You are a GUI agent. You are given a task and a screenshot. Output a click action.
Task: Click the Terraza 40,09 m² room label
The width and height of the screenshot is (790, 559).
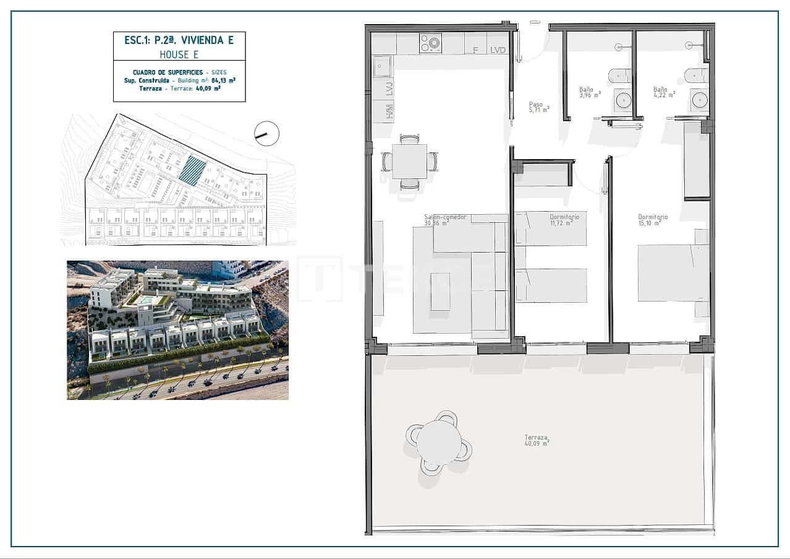tap(537, 440)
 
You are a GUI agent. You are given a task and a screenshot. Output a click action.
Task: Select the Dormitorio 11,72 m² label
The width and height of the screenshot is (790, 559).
tap(564, 220)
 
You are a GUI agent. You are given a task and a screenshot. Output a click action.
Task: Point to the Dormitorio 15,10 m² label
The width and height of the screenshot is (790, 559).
tap(653, 220)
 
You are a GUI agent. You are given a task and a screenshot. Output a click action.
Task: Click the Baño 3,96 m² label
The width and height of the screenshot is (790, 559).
tap(589, 92)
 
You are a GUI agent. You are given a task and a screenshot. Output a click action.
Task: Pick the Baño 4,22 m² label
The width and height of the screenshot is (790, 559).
tap(664, 92)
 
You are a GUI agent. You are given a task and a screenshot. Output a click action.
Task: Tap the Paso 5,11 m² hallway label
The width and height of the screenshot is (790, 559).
tap(538, 107)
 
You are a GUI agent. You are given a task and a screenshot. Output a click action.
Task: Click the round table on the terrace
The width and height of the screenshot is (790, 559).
tap(439, 442)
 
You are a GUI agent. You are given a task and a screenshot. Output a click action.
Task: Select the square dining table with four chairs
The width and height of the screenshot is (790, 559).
tap(409, 162)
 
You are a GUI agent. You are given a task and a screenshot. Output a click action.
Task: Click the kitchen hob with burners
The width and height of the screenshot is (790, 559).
tap(430, 43)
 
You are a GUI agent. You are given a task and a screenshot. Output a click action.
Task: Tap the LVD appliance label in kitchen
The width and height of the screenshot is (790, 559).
tap(498, 50)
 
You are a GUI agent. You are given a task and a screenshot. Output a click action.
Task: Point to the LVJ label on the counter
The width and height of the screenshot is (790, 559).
tap(389, 90)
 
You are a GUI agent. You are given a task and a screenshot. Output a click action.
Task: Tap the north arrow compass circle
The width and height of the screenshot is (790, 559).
tap(267, 133)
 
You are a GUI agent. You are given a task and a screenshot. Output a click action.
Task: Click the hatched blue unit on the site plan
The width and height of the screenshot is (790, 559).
tap(193, 170)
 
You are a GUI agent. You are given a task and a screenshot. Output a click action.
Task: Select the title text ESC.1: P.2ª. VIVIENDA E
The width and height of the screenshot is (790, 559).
tap(179, 40)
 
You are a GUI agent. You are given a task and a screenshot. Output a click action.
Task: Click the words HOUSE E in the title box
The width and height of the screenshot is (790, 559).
tap(179, 54)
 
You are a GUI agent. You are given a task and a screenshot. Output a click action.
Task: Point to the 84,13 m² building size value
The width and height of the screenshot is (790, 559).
tap(224, 80)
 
